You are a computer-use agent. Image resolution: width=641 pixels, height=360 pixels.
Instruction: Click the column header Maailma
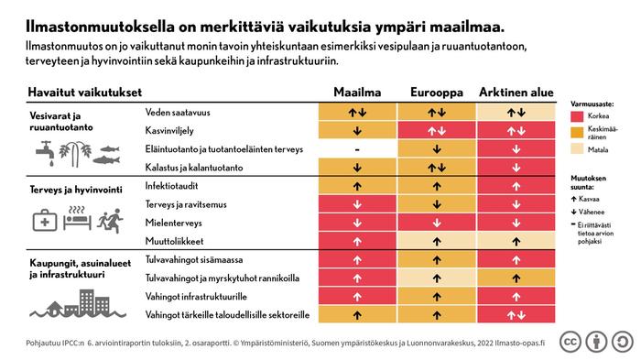[x=356, y=92]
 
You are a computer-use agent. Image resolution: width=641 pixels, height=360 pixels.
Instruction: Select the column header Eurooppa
[x=437, y=92]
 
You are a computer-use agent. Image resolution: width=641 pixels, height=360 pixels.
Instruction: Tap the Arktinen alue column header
[x=516, y=92]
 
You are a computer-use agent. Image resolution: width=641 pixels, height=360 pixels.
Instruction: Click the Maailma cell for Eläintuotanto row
[x=356, y=149]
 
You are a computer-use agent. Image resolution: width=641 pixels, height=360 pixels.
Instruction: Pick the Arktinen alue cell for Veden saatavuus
[x=516, y=112]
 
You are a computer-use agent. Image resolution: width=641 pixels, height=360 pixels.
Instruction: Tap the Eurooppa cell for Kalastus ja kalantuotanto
[x=437, y=168]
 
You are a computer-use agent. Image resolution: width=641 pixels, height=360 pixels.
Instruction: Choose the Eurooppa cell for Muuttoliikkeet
[x=437, y=241]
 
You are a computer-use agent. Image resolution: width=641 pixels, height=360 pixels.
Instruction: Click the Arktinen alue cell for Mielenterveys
[x=516, y=223]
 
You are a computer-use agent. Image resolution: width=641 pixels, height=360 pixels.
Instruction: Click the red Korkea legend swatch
[x=577, y=117]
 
